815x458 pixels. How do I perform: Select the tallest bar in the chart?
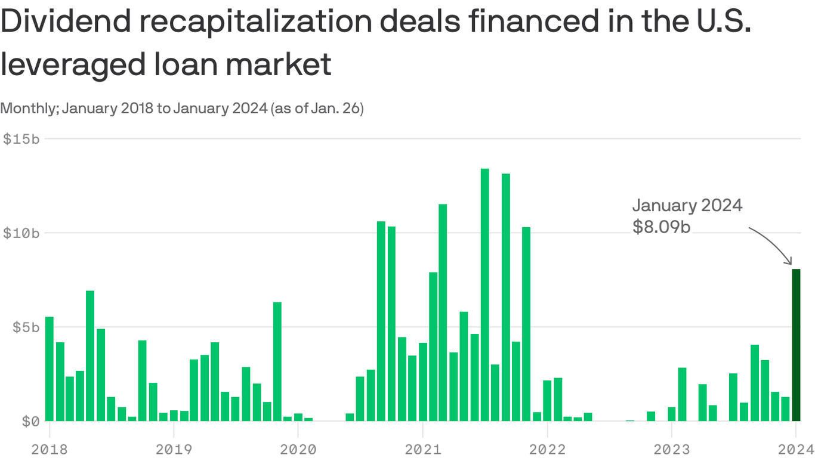point(484,295)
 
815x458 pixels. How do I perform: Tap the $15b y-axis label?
point(21,139)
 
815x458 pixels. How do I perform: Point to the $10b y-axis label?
point(21,233)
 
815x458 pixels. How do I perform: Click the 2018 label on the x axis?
point(49,448)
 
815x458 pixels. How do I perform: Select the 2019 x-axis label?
point(173,448)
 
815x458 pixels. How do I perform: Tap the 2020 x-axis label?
point(298,448)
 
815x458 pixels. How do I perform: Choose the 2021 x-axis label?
point(422,448)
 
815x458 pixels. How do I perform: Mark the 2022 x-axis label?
point(547,448)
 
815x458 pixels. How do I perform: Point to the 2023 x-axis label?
point(671,448)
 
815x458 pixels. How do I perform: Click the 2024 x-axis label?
point(795,448)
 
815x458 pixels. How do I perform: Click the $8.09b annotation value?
point(661,227)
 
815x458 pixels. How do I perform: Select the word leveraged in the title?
point(71,64)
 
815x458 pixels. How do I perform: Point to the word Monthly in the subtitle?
point(28,109)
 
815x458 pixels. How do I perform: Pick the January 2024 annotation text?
point(687,206)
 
